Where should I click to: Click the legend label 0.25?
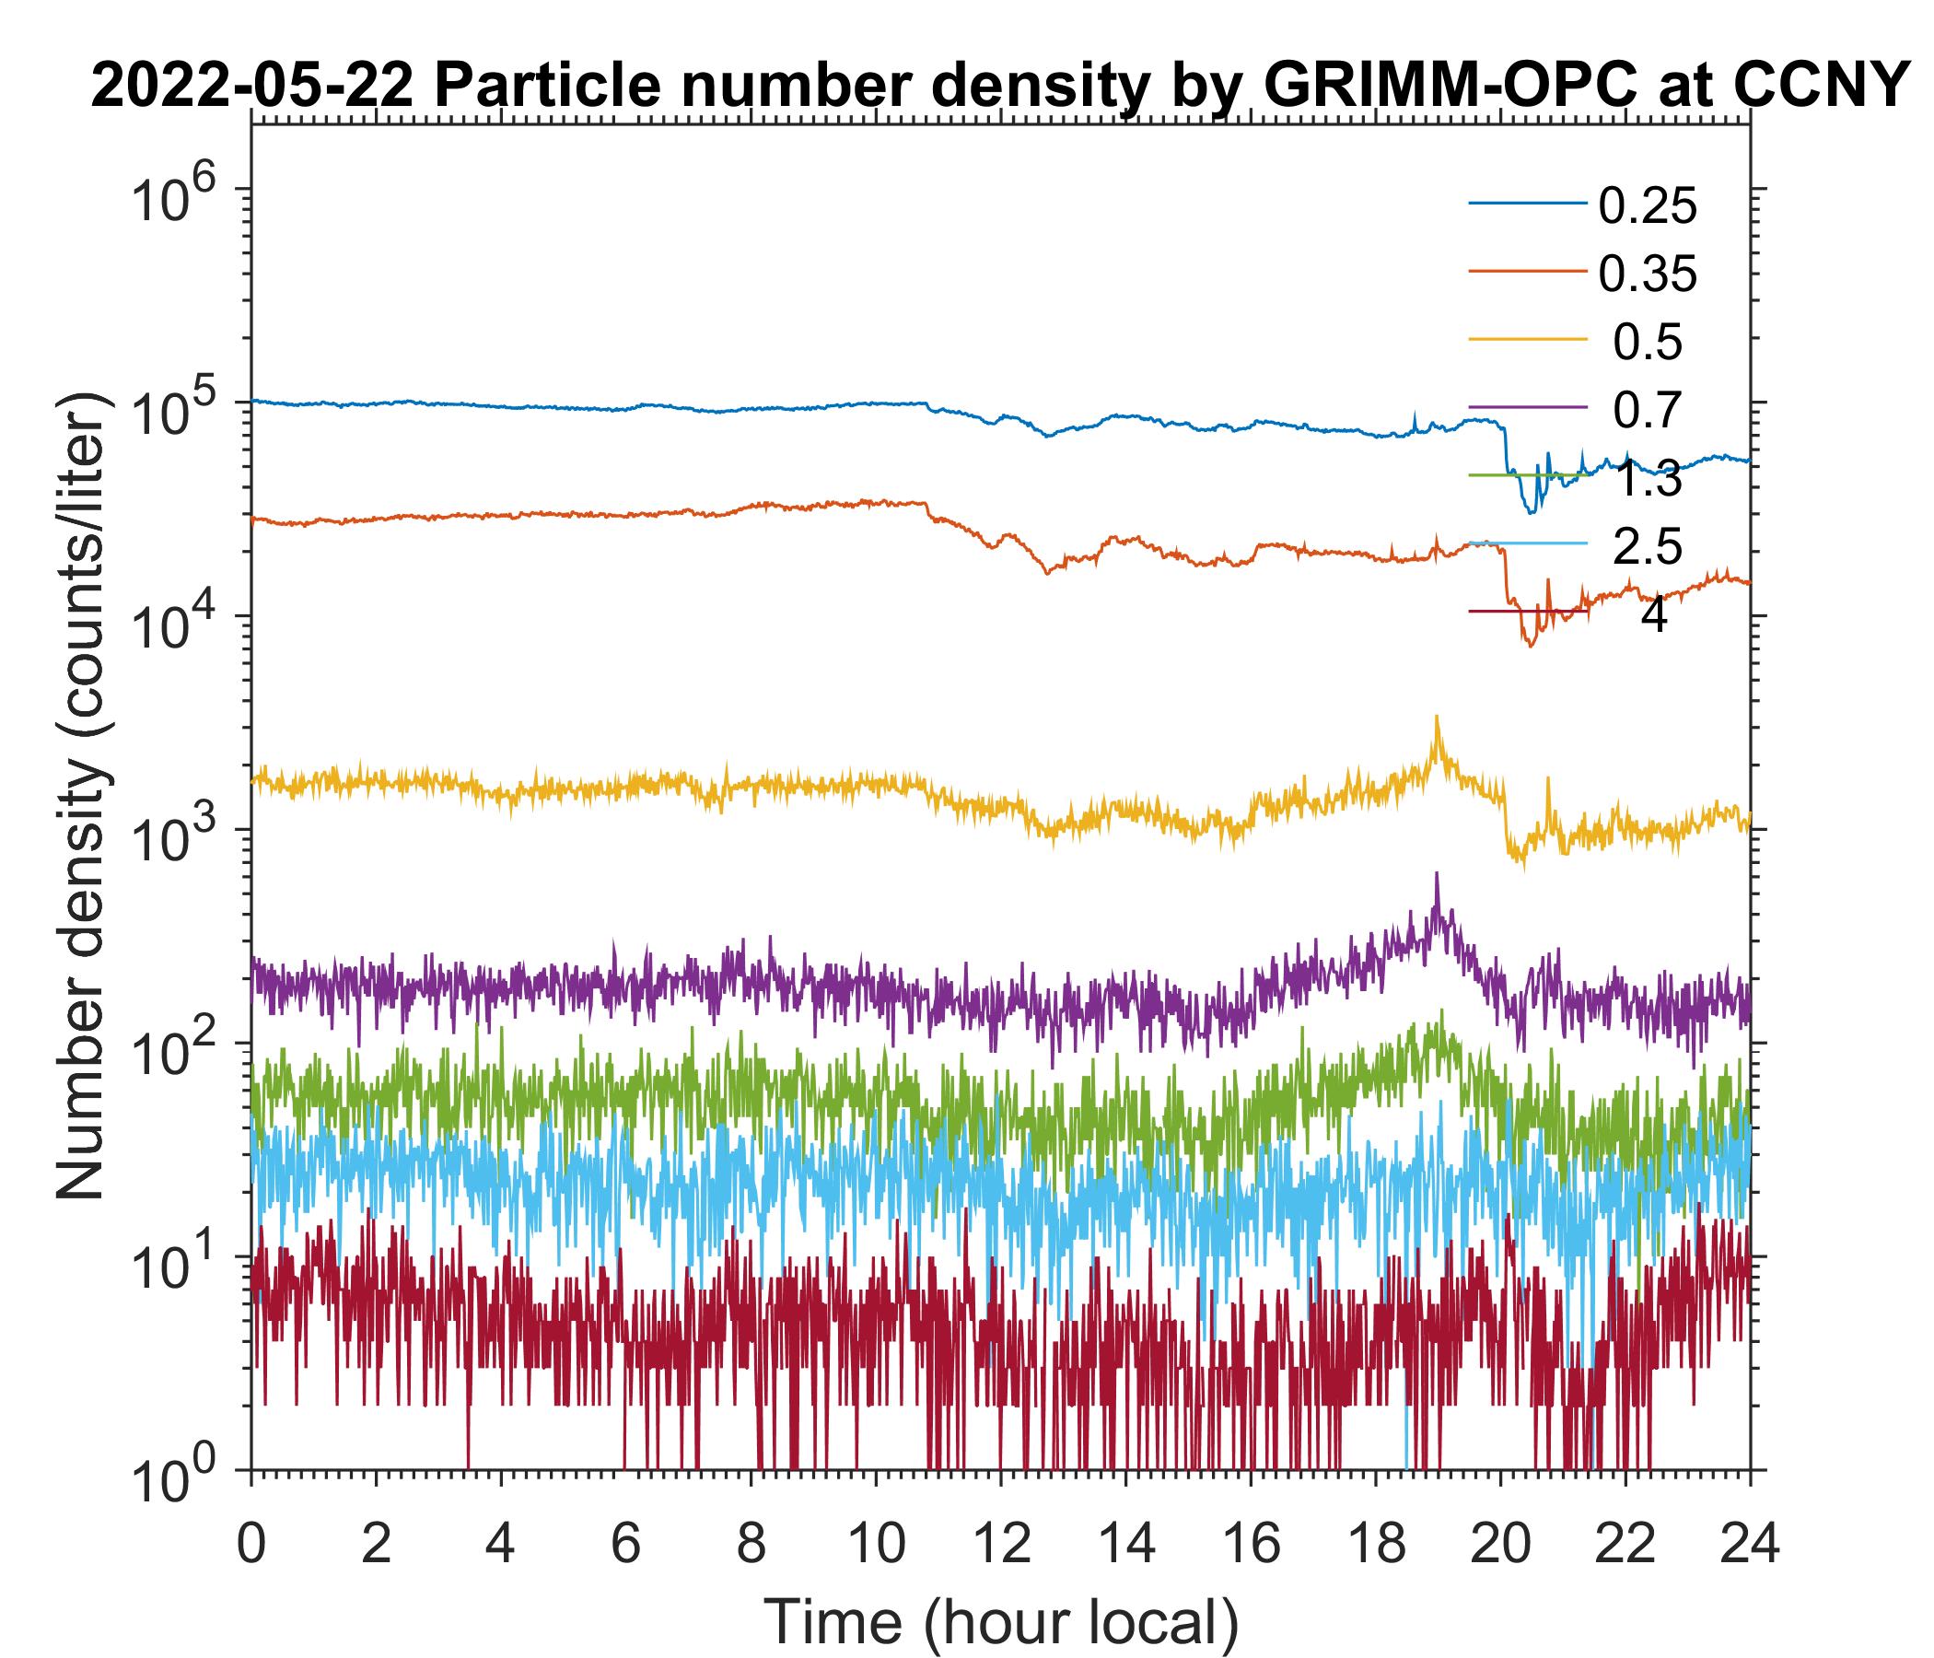(1647, 207)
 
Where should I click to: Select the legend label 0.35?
(1647, 274)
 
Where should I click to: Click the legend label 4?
(1653, 616)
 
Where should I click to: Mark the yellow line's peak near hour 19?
(1437, 717)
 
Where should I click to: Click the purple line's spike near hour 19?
(1437, 875)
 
